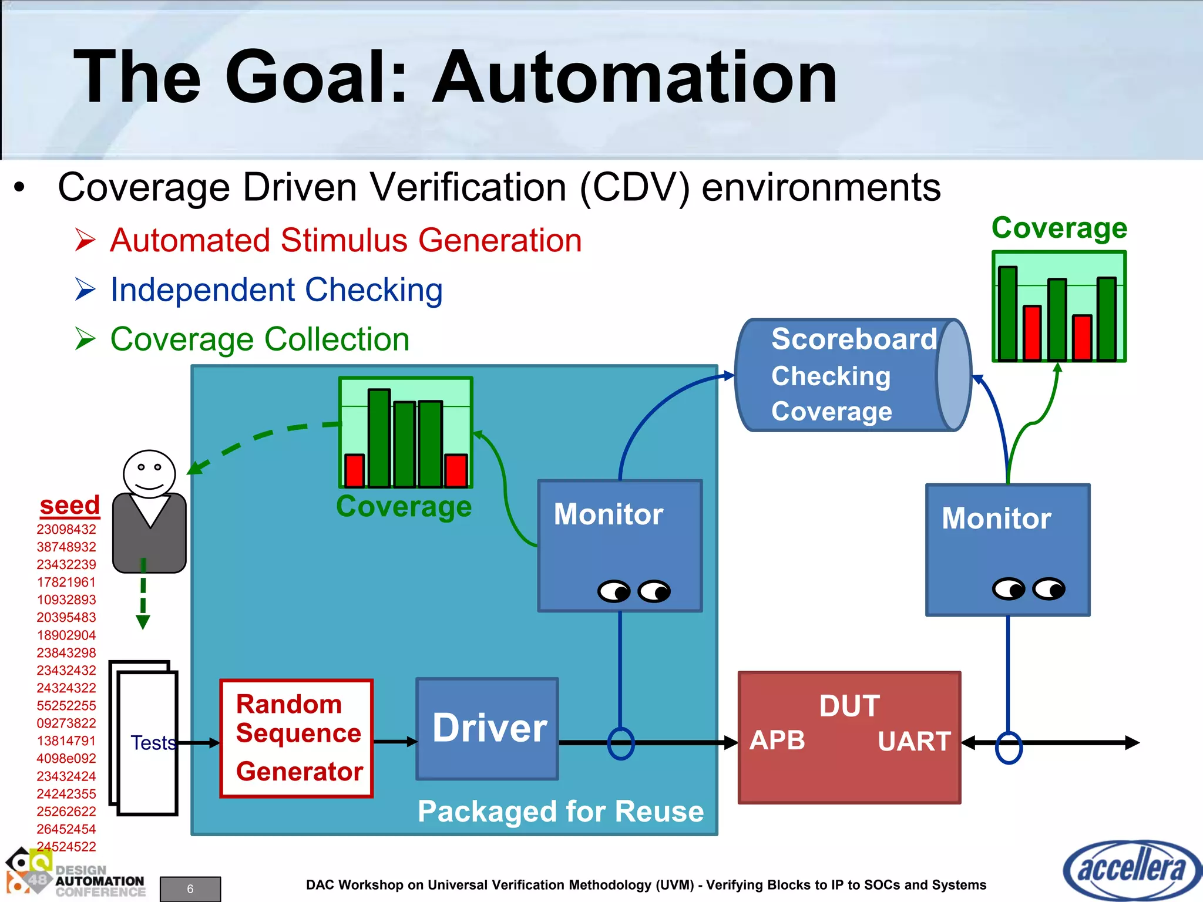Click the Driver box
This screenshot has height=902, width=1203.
pyautogui.click(x=487, y=728)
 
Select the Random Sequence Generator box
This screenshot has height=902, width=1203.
pyautogui.click(x=297, y=738)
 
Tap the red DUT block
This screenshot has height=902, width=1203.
pyautogui.click(x=849, y=775)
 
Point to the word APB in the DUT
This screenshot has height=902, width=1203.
pyautogui.click(x=777, y=741)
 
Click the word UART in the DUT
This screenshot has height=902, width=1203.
pyautogui.click(x=914, y=742)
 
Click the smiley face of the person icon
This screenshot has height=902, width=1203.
pyautogui.click(x=149, y=473)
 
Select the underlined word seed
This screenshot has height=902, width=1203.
pyautogui.click(x=70, y=505)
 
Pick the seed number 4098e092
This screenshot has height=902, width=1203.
pyautogui.click(x=66, y=758)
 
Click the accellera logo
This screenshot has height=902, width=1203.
pyautogui.click(x=1131, y=870)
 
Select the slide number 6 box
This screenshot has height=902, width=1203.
pyautogui.click(x=190, y=888)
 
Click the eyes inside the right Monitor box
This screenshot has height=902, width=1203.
pyautogui.click(x=1028, y=588)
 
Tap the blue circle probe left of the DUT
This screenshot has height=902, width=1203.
pyautogui.click(x=620, y=743)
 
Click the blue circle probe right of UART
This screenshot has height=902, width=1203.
pyautogui.click(x=1009, y=747)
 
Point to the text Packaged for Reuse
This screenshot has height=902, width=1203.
pyautogui.click(x=560, y=811)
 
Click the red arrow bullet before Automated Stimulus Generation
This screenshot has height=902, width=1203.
pyautogui.click(x=86, y=240)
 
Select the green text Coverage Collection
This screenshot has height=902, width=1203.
pyautogui.click(x=260, y=339)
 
